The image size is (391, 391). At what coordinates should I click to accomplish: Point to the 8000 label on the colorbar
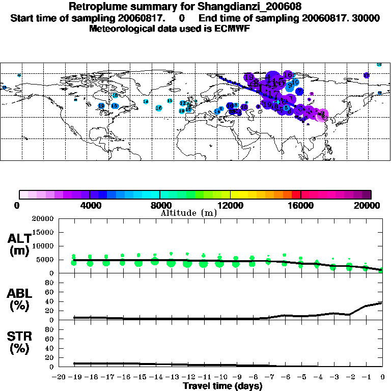(x=159, y=205)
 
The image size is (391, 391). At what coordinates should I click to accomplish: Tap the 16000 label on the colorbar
(x=301, y=205)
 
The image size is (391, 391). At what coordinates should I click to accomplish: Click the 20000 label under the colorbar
(x=371, y=205)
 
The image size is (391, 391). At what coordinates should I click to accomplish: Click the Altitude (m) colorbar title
(x=188, y=213)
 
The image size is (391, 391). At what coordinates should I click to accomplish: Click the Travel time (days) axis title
(x=222, y=386)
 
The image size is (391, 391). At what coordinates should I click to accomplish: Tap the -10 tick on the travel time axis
(x=219, y=377)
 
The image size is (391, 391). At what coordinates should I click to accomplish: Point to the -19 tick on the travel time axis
(x=74, y=377)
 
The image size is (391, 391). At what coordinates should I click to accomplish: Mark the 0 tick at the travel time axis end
(x=383, y=377)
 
